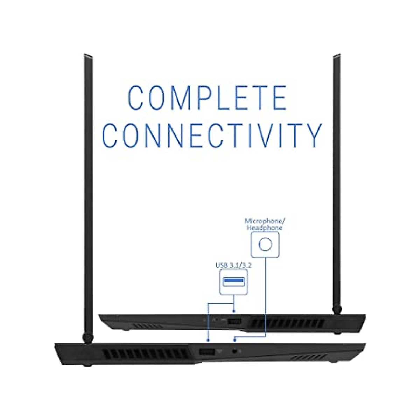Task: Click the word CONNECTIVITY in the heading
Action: tap(213, 135)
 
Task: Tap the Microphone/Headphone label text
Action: tap(265, 224)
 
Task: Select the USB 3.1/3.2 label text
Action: tap(234, 266)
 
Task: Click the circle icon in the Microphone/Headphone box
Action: tap(265, 244)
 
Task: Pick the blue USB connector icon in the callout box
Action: tap(234, 281)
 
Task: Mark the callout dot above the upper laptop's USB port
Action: tap(234, 310)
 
